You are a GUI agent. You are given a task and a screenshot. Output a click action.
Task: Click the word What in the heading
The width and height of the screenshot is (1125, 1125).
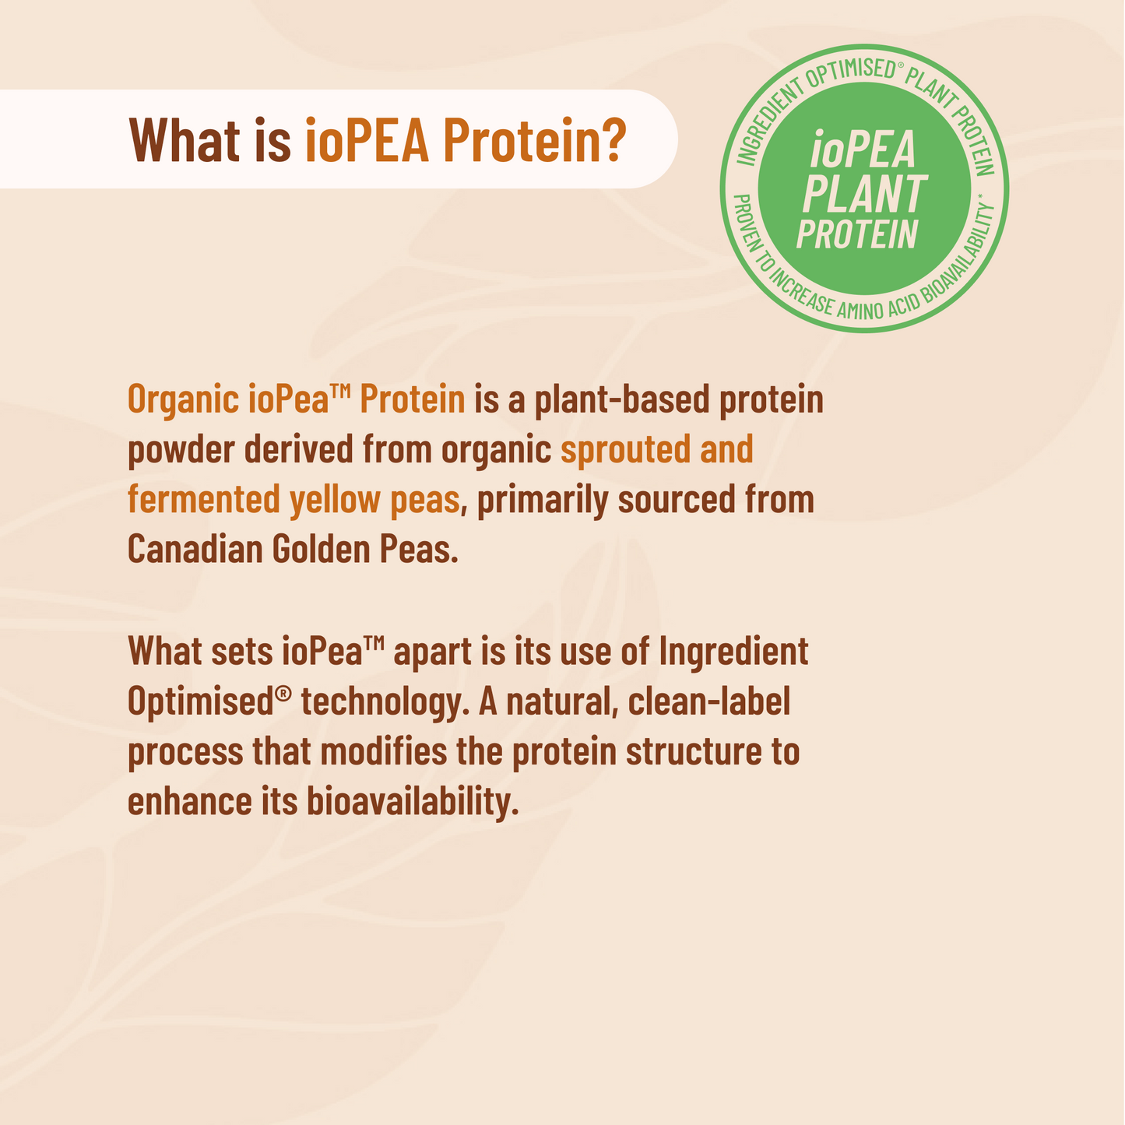(185, 140)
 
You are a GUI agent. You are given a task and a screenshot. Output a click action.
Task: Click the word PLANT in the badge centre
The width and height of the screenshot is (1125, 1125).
(865, 194)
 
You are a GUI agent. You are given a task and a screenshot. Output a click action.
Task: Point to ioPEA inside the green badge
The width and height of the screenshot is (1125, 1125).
(863, 149)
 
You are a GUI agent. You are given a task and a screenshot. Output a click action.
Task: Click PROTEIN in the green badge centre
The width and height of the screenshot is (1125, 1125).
(858, 234)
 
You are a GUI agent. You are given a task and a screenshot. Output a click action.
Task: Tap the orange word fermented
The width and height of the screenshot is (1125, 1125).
(204, 500)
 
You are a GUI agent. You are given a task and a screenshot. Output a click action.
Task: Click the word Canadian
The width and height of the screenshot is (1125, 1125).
(195, 550)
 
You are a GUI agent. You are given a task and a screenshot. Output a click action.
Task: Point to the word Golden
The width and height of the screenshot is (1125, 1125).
(321, 550)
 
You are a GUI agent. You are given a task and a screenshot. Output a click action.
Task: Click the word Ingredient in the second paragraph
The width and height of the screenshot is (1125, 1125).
(734, 652)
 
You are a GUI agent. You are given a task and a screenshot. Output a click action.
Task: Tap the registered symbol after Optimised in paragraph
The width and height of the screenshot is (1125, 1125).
(283, 693)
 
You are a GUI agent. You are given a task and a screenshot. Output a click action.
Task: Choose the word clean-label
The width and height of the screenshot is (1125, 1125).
(709, 701)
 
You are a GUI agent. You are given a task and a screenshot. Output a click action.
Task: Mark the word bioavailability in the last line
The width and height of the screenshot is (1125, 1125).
(413, 803)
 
